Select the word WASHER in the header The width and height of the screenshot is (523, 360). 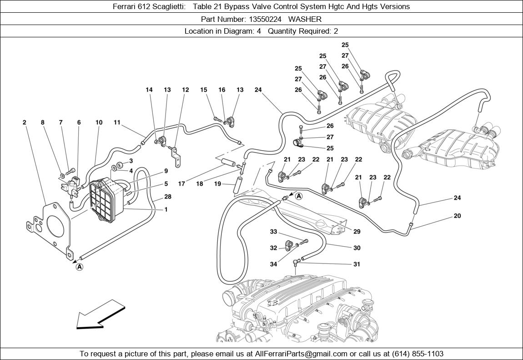[305, 19]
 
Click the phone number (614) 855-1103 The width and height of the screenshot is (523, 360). [416, 354]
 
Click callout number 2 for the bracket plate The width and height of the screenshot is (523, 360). [25, 122]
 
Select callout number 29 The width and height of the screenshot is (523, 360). [357, 232]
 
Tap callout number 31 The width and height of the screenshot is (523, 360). [357, 264]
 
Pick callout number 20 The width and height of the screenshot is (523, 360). [457, 216]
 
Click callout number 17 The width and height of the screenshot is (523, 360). [181, 184]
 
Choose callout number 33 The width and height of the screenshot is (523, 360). [273, 232]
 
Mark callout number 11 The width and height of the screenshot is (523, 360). [117, 122]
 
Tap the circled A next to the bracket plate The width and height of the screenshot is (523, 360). [79, 267]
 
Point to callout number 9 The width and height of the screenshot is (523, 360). [166, 171]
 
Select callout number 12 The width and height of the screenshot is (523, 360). [185, 90]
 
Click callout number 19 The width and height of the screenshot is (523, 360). [217, 184]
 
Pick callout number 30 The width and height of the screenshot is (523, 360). [357, 248]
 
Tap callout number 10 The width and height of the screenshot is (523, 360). [99, 122]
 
